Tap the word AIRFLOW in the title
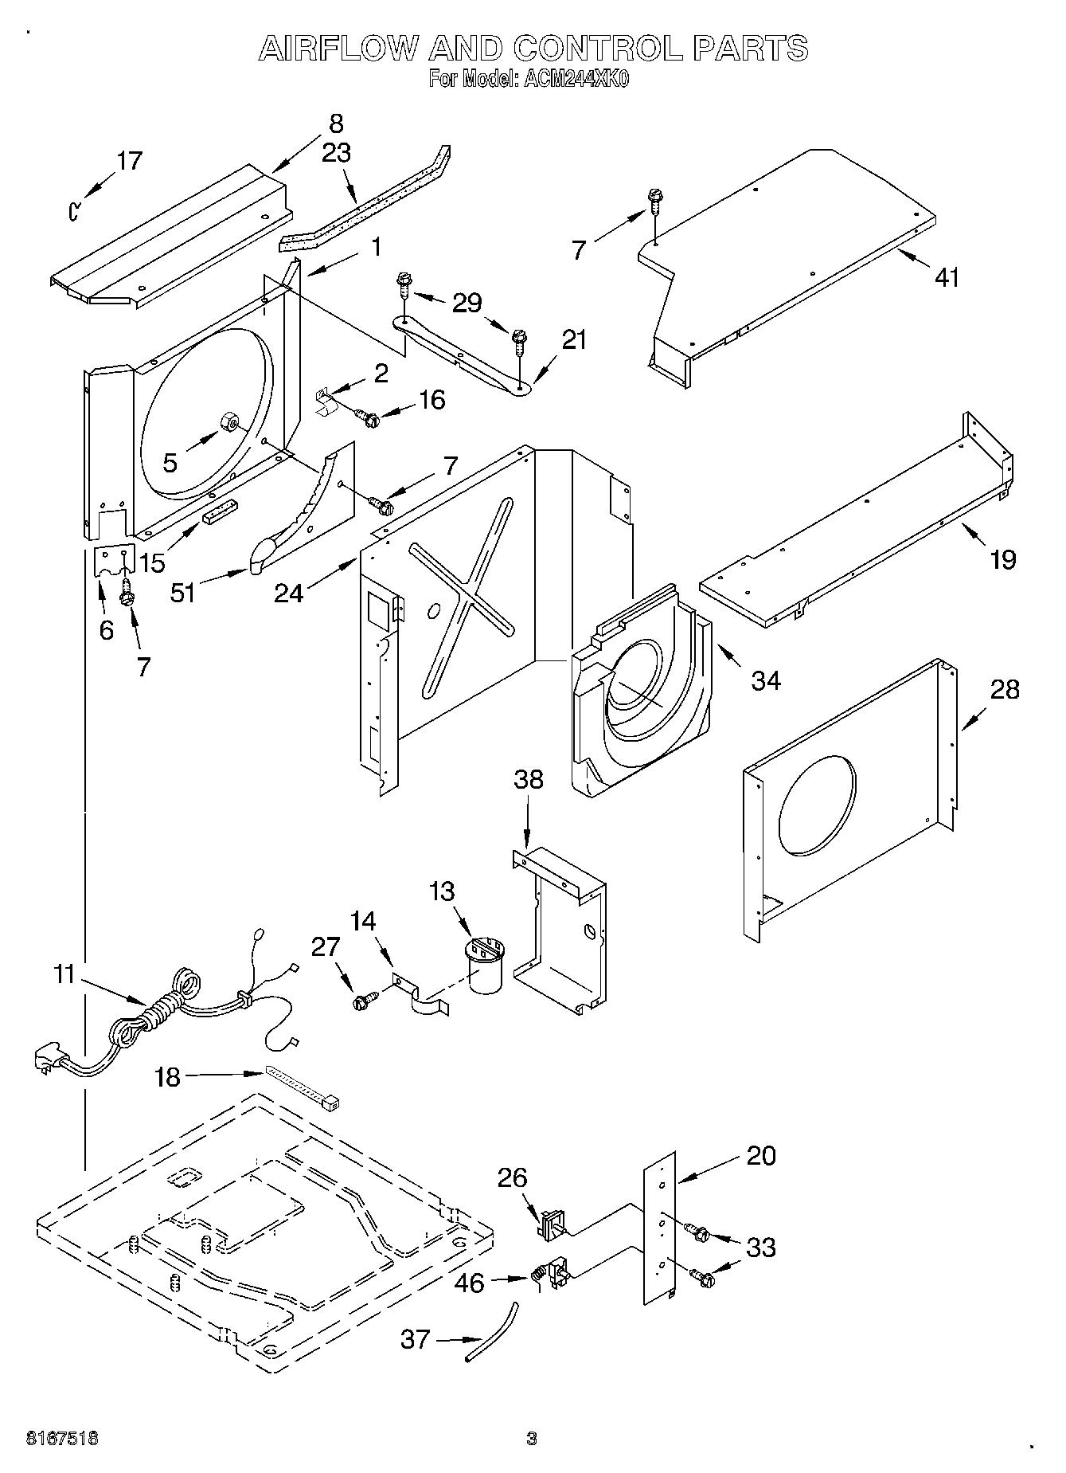(338, 49)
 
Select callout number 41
(947, 277)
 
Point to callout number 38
(528, 779)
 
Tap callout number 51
(183, 593)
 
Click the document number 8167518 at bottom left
(62, 1438)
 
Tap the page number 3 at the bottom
(532, 1439)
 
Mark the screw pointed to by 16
(367, 416)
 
